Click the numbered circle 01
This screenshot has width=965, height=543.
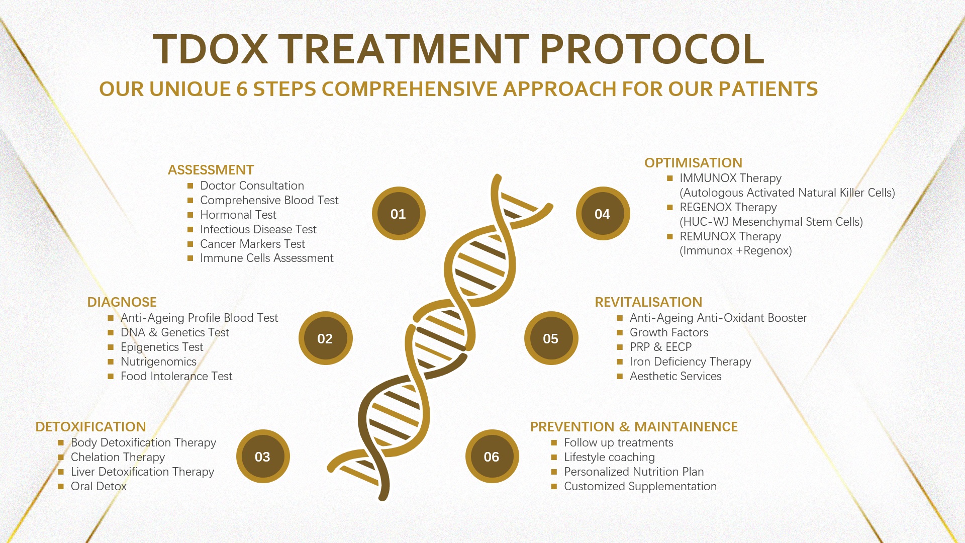pyautogui.click(x=399, y=214)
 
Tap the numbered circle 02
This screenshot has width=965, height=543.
pyautogui.click(x=325, y=338)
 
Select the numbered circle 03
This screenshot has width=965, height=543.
pyautogui.click(x=263, y=457)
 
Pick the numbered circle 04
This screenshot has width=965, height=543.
pyautogui.click(x=603, y=214)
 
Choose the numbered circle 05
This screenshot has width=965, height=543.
pyautogui.click(x=551, y=338)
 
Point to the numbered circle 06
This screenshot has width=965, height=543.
pyautogui.click(x=492, y=457)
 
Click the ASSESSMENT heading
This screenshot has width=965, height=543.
pyautogui.click(x=211, y=170)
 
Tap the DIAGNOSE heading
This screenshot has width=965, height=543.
pyautogui.click(x=122, y=302)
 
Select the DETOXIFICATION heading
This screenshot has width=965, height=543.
pyautogui.click(x=90, y=427)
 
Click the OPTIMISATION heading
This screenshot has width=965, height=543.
pyautogui.click(x=693, y=163)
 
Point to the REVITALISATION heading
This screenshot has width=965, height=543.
pyautogui.click(x=648, y=302)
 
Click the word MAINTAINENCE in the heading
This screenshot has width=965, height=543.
pyautogui.click(x=686, y=427)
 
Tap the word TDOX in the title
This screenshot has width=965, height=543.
pyautogui.click(x=211, y=49)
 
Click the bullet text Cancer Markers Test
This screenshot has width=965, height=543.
pyautogui.click(x=252, y=244)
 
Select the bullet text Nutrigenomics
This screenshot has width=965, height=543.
pyautogui.click(x=158, y=362)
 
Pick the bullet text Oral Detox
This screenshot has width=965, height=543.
pyautogui.click(x=99, y=486)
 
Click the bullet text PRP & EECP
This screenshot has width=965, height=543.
pyautogui.click(x=660, y=347)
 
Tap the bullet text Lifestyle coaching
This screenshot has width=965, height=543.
pyautogui.click(x=609, y=458)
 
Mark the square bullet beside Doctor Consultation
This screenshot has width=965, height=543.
pyautogui.click(x=190, y=186)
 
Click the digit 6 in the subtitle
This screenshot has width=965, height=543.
pyautogui.click(x=242, y=89)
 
